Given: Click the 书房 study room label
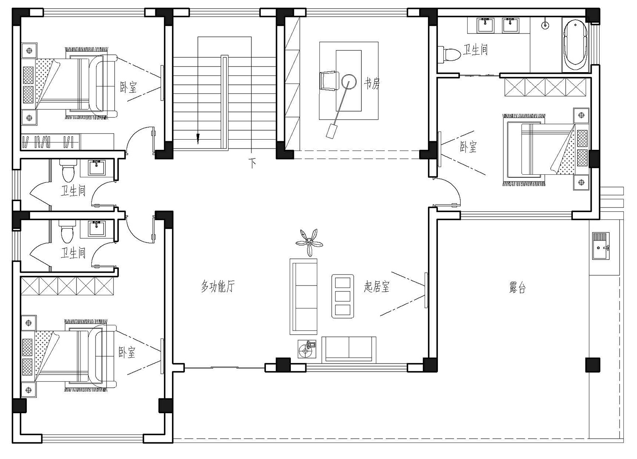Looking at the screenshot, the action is click(372, 84).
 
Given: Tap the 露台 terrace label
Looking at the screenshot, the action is click(517, 288).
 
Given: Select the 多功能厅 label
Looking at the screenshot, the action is click(218, 286).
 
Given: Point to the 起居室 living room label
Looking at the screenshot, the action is click(377, 286).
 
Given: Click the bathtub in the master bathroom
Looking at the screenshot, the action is click(575, 46).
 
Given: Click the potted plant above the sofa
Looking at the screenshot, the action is click(309, 243).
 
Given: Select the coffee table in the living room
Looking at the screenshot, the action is click(343, 296).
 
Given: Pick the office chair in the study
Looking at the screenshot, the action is click(329, 81).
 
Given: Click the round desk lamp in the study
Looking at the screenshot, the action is click(349, 81).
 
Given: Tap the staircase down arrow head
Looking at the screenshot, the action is click(198, 139).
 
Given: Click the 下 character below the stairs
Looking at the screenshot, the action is click(252, 163).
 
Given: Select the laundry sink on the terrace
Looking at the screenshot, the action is click(601, 246).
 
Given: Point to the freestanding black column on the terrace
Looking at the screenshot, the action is click(593, 365).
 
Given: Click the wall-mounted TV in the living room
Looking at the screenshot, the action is click(426, 290).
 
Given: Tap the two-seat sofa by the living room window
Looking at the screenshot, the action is click(349, 350).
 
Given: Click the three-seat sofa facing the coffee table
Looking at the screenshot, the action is click(304, 297).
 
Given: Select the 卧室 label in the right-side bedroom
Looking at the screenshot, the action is click(468, 147).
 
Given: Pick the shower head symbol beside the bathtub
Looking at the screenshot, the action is click(545, 25).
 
